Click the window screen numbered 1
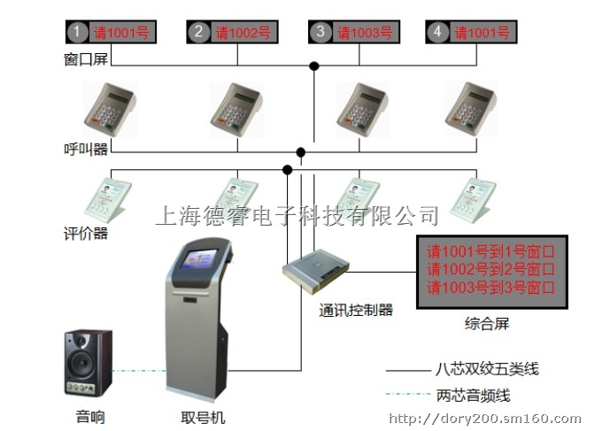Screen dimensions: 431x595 110,32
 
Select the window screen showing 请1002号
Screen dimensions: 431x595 230,32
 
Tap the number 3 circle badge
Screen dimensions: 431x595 320,32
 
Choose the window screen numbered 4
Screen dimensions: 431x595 470,32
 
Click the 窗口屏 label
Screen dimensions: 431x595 85,60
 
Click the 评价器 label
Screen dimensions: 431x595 86,233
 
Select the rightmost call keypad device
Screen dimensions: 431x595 470,107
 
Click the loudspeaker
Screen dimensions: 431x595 89,364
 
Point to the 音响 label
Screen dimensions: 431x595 89,416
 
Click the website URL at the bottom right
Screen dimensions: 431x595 484,419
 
